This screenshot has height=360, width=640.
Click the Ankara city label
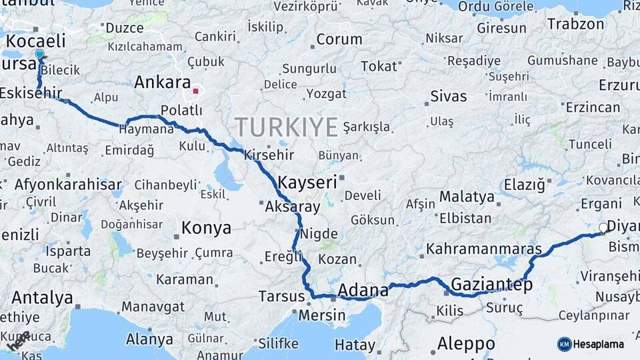click(163, 83)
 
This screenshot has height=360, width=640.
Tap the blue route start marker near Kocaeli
click(39, 55)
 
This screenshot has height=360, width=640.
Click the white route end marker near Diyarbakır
click(603, 228)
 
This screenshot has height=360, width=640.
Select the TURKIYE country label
click(286, 127)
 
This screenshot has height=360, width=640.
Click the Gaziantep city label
click(492, 285)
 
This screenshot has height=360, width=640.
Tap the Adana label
click(363, 290)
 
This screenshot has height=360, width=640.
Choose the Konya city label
click(206, 228)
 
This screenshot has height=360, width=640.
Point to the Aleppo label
click(466, 344)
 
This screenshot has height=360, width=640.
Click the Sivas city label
click(449, 96)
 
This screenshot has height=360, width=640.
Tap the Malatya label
click(467, 197)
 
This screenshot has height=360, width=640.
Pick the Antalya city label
click(42, 297)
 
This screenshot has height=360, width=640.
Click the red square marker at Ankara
click(195, 91)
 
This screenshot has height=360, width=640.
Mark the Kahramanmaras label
click(484, 249)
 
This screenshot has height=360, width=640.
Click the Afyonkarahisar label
click(68, 185)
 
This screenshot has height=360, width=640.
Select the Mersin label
click(322, 315)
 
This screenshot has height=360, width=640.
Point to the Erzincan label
click(593, 107)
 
